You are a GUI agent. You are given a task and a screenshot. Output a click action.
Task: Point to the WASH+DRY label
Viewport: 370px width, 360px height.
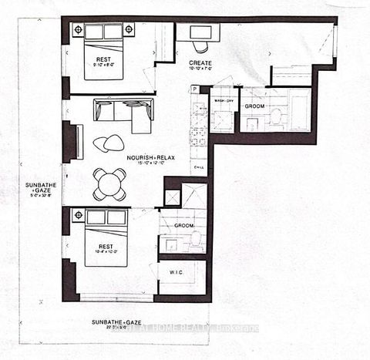coord(224,102)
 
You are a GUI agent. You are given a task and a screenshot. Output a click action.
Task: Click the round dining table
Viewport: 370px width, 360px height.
coord(109,184)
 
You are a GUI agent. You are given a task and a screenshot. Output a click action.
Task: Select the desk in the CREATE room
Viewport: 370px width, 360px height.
coord(197,32)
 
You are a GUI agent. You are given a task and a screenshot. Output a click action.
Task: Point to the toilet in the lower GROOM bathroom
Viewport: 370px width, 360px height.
coord(196,240)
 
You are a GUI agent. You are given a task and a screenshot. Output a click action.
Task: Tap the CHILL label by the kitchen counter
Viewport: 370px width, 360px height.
coord(197,165)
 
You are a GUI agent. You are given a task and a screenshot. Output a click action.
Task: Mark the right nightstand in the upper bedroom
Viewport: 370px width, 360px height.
coord(128,29)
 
